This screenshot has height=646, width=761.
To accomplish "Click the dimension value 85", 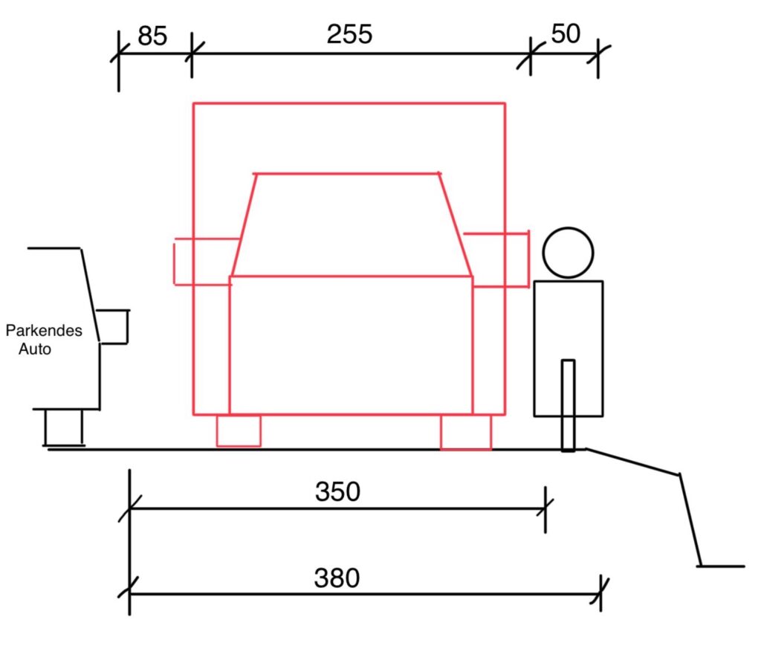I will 152,36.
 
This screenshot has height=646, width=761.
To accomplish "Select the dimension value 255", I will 349,34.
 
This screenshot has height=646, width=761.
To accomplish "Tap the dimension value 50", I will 566,34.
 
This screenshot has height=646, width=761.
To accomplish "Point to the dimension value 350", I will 337,491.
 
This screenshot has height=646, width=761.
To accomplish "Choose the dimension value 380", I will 337,578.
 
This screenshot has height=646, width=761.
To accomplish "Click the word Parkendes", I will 44,330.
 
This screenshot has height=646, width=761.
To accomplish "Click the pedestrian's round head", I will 569,252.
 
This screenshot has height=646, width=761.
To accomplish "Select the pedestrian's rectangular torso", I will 569,348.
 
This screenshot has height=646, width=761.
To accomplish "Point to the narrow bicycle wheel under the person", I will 569,405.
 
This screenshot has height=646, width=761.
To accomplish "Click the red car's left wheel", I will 239,431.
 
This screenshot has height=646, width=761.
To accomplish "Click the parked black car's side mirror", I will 114,326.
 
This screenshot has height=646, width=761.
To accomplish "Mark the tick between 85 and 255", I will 192,54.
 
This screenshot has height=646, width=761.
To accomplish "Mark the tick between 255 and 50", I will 531,54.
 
